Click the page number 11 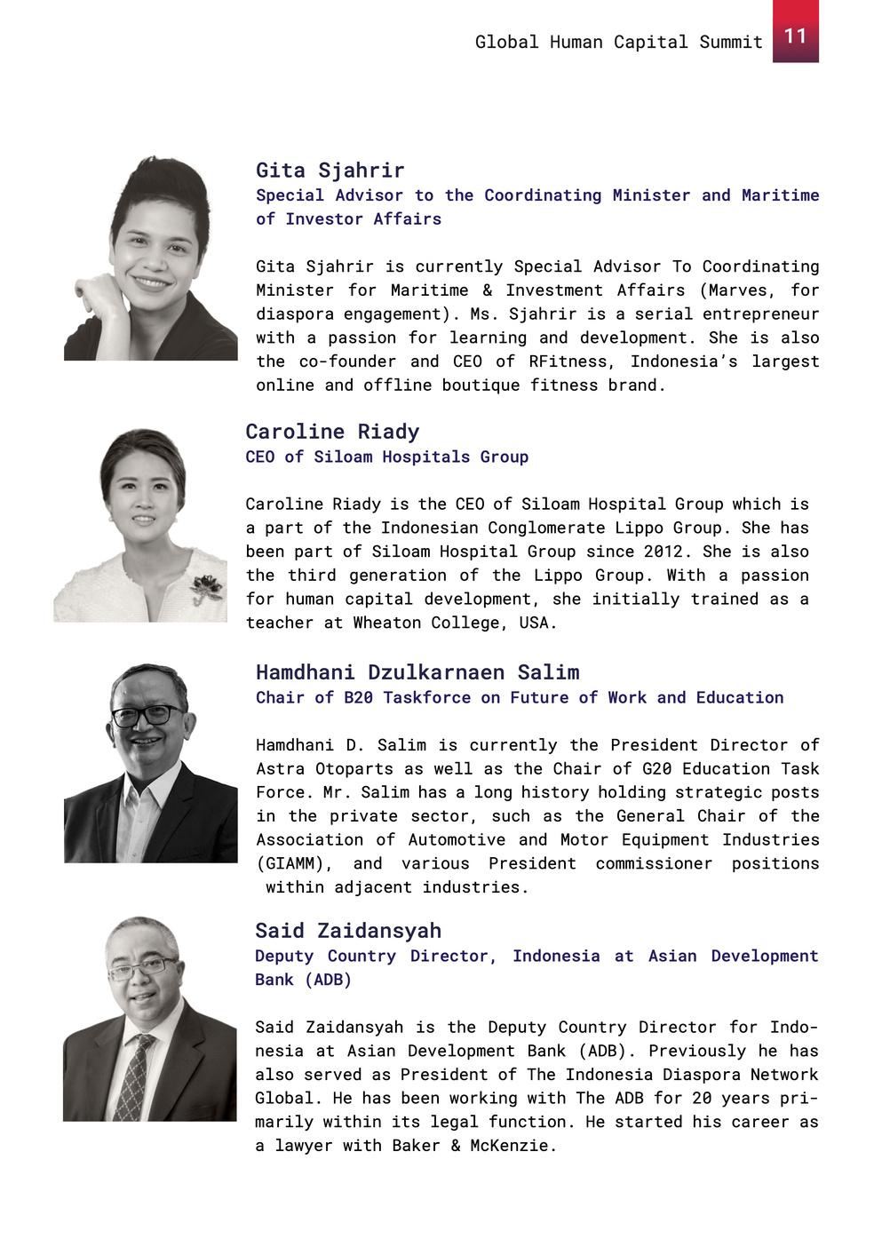tap(795, 36)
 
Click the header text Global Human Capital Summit tap(618, 42)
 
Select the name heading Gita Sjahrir tap(330, 170)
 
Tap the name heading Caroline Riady tap(332, 432)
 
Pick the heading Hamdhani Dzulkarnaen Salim tap(417, 672)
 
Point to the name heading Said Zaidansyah tap(347, 931)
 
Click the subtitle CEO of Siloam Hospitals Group tap(386, 457)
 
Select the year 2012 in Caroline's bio tap(663, 552)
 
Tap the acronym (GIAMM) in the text tap(294, 863)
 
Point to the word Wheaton tap(387, 623)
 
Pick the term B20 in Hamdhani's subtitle tap(358, 698)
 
